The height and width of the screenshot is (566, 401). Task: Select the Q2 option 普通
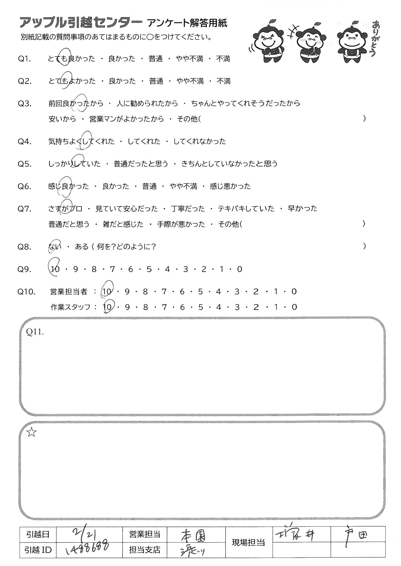coord(156,81)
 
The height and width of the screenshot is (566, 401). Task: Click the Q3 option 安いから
coord(62,119)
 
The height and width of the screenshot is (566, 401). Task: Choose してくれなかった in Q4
coord(200,141)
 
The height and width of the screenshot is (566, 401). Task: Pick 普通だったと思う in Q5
coord(141,164)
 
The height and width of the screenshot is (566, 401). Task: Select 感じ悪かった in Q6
coord(230,186)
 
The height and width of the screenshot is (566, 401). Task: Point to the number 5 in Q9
coord(149,269)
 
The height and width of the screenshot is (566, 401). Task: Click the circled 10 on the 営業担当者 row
coord(107,292)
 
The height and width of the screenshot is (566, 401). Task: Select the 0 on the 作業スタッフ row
coord(294,307)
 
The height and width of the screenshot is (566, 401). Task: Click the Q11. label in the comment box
coord(35,332)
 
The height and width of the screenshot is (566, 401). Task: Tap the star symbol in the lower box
coord(31,433)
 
